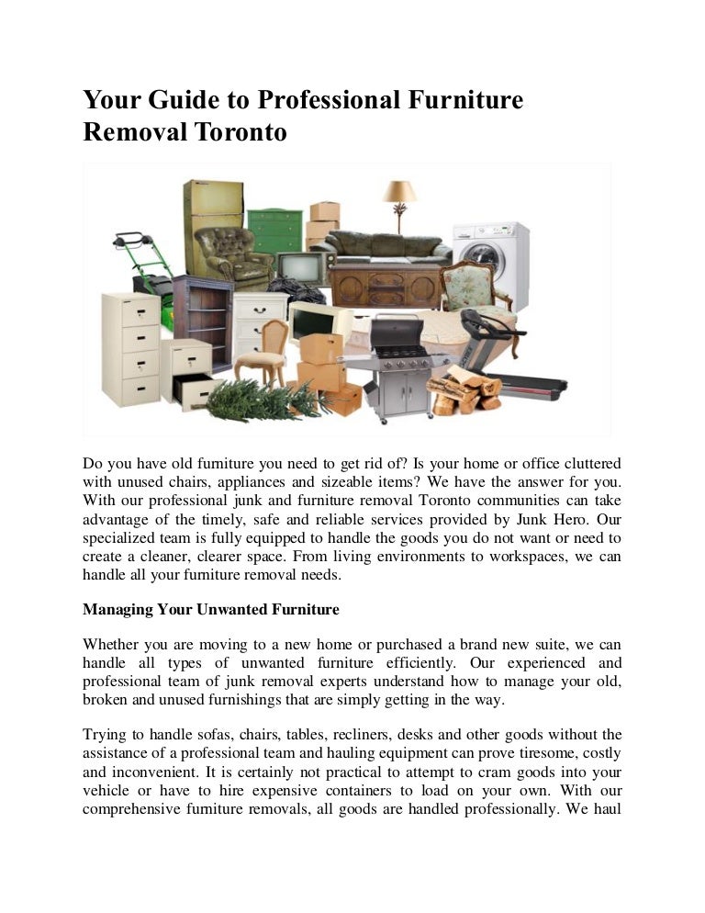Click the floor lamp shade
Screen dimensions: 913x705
click(x=399, y=191)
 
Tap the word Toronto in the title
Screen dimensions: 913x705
click(x=241, y=132)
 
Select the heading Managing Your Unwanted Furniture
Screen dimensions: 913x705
click(x=211, y=609)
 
